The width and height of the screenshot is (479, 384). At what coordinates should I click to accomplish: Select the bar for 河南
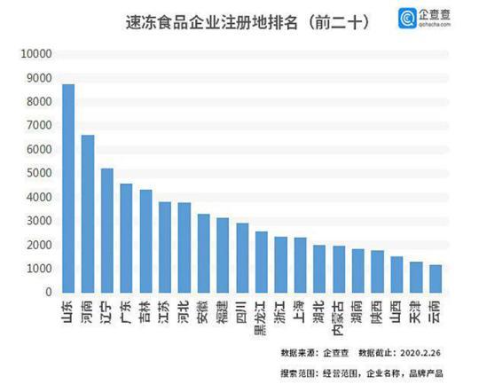click(x=88, y=214)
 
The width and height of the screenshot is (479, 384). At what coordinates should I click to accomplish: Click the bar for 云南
click(x=435, y=278)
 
